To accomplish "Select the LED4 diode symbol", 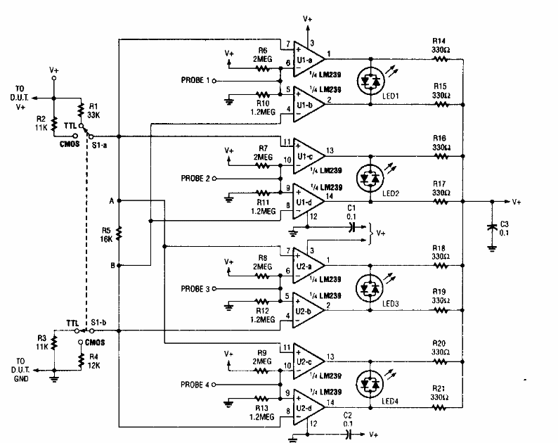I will (370, 383).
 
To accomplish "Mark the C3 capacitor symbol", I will (492, 226).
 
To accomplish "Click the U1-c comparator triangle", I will (307, 152).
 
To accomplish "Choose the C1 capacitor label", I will (353, 212).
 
